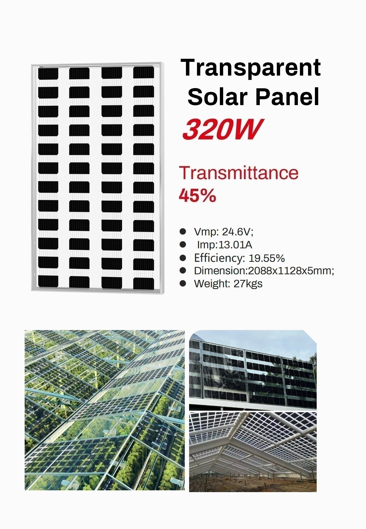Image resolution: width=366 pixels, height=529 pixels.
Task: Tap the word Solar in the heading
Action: pos(217,97)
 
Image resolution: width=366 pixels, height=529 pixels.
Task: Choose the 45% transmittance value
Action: pos(197,195)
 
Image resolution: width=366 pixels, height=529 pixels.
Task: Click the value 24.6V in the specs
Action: pos(238,232)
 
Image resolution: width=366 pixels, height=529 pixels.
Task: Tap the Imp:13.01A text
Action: pos(225,245)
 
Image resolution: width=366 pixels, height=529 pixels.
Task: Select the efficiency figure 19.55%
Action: pos(267,258)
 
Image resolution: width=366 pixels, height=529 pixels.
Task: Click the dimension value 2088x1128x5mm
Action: pos(291,271)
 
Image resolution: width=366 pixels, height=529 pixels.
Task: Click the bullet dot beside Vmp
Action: pos(183,232)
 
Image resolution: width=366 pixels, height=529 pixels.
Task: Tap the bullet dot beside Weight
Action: pos(183,283)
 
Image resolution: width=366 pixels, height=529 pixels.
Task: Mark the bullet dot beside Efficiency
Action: pos(183,258)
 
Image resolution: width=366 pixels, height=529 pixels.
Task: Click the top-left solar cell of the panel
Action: pos(48,73)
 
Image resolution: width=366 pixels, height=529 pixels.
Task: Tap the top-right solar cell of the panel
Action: pos(144,73)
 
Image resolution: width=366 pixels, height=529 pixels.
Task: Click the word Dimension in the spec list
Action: pos(220,271)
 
